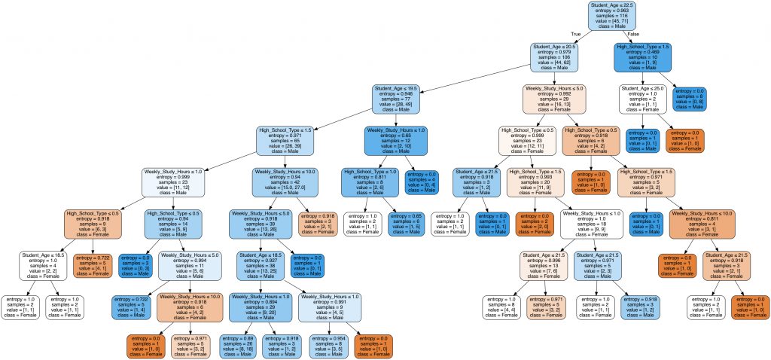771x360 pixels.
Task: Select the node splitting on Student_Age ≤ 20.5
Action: pyautogui.click(x=558, y=57)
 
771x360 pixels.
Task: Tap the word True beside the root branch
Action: pyautogui.click(x=576, y=34)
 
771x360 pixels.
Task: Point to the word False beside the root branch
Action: pyautogui.click(x=633, y=34)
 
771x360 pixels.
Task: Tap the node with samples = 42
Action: pyautogui.click(x=284, y=181)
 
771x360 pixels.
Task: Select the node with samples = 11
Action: pyautogui.click(x=189, y=264)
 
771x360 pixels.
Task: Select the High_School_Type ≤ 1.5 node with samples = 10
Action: pyautogui.click(x=643, y=57)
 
